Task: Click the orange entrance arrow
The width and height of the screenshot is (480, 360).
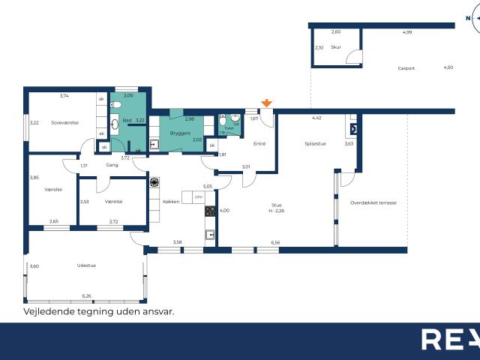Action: coord(266,103)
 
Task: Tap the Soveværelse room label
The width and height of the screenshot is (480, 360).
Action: coord(65,122)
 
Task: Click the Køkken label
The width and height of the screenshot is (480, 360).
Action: coord(171,202)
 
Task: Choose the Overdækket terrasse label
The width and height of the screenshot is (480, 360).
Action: coord(373,202)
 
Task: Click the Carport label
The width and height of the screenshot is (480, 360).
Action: coord(407,69)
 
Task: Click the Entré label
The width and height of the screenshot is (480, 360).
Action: coord(259,143)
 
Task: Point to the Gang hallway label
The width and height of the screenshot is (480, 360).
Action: coord(112,165)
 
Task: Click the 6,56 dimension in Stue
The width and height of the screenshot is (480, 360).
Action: coord(275,242)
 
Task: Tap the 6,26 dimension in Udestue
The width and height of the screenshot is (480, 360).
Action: coord(87,296)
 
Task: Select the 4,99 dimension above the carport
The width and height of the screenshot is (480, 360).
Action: coord(407,32)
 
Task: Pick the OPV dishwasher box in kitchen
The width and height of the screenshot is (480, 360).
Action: coord(198,197)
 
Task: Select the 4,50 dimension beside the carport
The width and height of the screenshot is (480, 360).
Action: coord(448,67)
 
